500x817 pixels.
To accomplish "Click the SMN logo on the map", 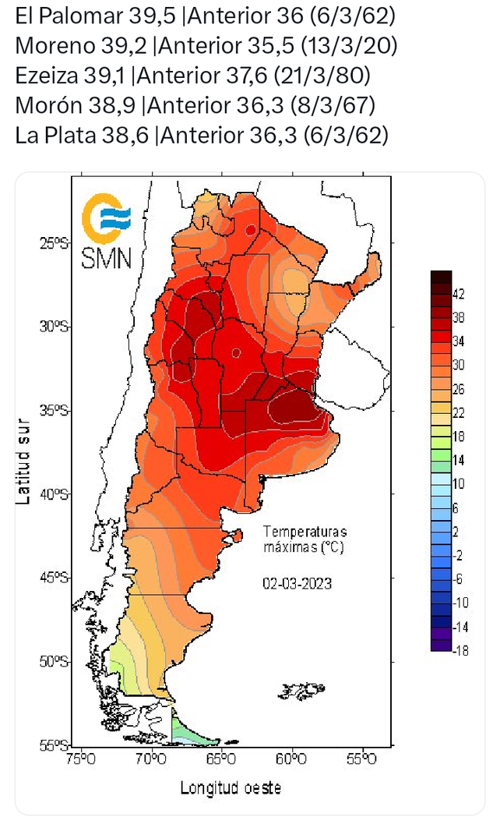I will click(x=107, y=232).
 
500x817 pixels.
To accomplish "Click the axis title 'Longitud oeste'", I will click(x=231, y=787).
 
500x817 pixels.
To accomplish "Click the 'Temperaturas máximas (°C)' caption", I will click(x=302, y=539).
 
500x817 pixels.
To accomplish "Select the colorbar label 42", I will click(x=460, y=294).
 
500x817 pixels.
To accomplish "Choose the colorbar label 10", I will click(x=459, y=483).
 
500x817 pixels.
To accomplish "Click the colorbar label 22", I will click(x=459, y=412).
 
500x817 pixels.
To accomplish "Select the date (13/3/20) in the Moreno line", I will click(x=353, y=45).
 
